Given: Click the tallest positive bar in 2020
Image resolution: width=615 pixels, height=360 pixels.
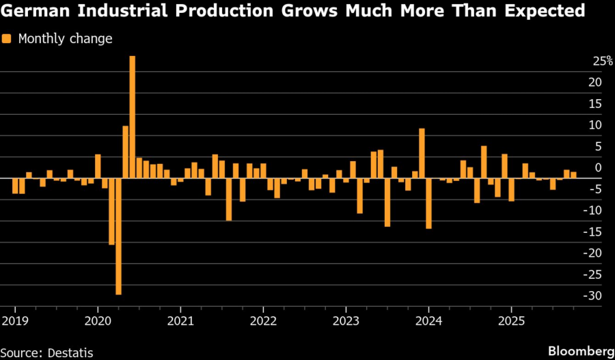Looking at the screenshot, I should pos(132,116).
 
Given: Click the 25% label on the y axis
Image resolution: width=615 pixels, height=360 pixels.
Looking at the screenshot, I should pos(602,61).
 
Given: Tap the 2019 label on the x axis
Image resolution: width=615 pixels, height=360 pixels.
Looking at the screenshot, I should pos(14,320).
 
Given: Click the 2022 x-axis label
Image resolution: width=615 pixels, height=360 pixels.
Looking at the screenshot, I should pos(263,320).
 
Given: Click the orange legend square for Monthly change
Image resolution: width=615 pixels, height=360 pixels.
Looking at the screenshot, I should pos(8,39).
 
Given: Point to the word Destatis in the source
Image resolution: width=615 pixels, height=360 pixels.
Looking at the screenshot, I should pos(70,352).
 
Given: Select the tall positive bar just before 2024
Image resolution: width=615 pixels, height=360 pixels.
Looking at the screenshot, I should pos(422,153).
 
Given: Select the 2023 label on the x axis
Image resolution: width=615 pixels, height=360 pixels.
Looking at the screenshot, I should pos(346,320).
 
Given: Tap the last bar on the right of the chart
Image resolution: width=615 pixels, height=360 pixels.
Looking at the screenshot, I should pos(573,175).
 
